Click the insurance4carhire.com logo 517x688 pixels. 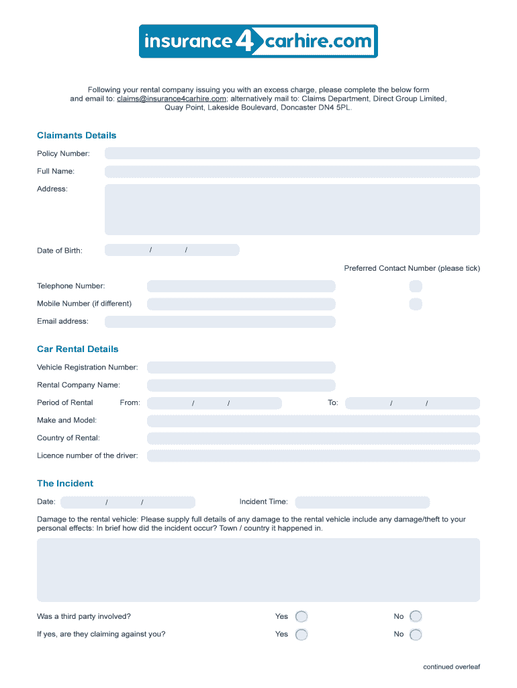point(258,42)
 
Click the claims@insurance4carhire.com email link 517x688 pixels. point(171,99)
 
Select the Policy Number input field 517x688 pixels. point(292,153)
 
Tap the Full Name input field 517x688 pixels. point(292,171)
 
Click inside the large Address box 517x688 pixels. point(292,210)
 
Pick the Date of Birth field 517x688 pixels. point(172,250)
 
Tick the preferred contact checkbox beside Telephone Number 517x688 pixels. point(416,286)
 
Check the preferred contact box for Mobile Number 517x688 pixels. point(416,304)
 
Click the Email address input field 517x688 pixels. point(220,321)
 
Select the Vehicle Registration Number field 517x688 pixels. point(241,368)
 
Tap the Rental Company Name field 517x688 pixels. point(241,385)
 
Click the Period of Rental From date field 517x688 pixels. point(214,403)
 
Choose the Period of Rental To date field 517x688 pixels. point(412,403)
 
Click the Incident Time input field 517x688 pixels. point(362,502)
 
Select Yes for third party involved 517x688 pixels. point(301,616)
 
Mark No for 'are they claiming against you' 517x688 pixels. point(416,634)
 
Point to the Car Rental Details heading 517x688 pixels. point(77,349)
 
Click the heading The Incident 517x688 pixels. point(65,484)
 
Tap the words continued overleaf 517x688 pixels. point(451,667)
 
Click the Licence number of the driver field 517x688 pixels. point(313,456)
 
